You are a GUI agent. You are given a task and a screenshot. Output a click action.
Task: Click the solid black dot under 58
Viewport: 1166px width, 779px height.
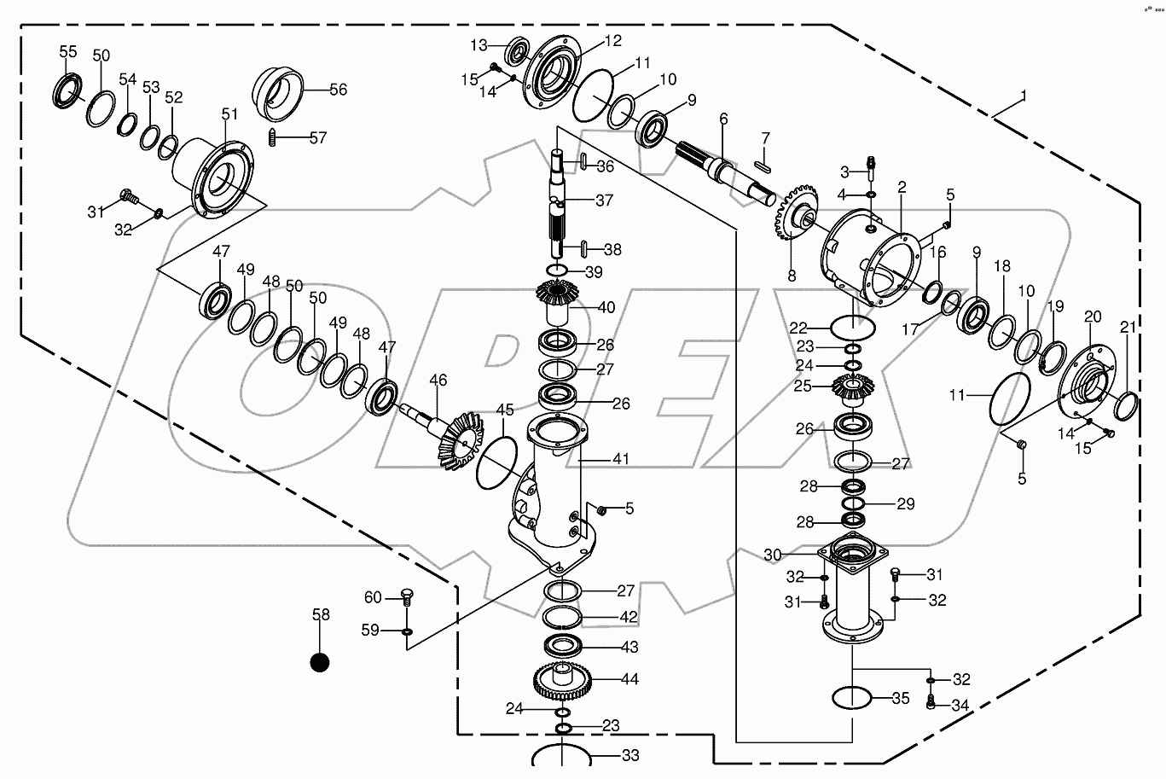[320, 662]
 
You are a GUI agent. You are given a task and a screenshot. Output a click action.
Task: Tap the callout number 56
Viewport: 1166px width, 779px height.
[338, 89]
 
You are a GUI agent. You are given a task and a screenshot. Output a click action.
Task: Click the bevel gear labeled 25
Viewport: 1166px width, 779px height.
[854, 388]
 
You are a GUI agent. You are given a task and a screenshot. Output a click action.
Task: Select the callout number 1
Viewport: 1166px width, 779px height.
[1023, 97]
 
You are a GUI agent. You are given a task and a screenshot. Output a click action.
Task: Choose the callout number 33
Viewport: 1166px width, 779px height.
[630, 755]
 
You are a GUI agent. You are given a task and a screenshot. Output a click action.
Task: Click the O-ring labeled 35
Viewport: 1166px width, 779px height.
[850, 697]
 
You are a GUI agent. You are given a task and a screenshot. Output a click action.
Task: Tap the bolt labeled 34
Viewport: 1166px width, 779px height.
[931, 702]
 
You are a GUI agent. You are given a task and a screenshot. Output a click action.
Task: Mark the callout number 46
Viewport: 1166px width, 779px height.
[438, 380]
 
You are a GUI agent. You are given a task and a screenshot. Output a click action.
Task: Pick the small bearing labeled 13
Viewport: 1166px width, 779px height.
[517, 52]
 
